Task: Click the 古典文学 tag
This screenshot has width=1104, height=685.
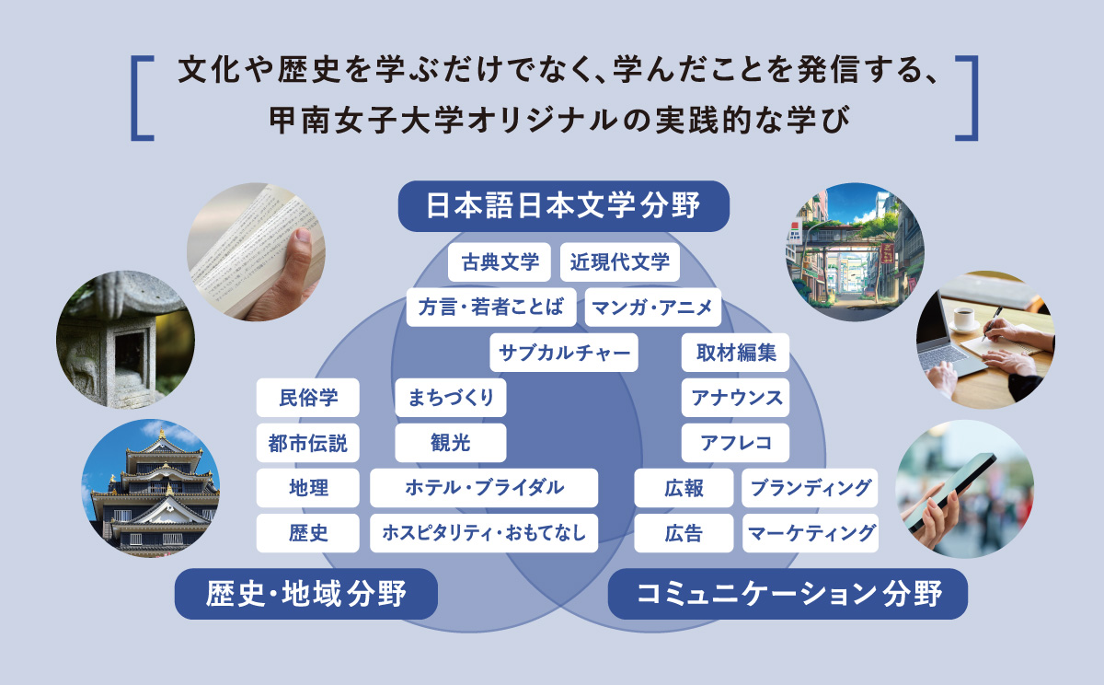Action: point(500,262)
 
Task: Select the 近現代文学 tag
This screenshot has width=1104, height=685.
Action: point(619,262)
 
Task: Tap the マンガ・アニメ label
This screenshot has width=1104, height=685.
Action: point(652,308)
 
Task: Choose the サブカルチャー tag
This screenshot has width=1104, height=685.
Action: point(564,353)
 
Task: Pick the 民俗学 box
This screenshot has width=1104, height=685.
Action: point(308,398)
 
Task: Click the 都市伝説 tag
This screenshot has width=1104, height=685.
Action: point(308,443)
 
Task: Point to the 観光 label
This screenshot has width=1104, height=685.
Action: point(450,443)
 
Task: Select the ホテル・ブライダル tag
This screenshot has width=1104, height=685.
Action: point(484,488)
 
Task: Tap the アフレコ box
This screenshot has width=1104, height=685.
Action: point(735,443)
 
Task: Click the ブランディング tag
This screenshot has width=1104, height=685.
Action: point(810,488)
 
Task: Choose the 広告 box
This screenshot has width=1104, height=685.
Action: point(684,533)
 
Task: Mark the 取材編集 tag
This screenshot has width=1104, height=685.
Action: point(735,353)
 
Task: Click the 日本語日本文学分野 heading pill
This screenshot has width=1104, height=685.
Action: point(563,205)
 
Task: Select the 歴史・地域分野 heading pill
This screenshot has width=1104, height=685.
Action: point(305,594)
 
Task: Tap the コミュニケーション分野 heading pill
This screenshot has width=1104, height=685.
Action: point(788,594)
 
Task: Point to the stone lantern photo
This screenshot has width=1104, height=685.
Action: point(125,340)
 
